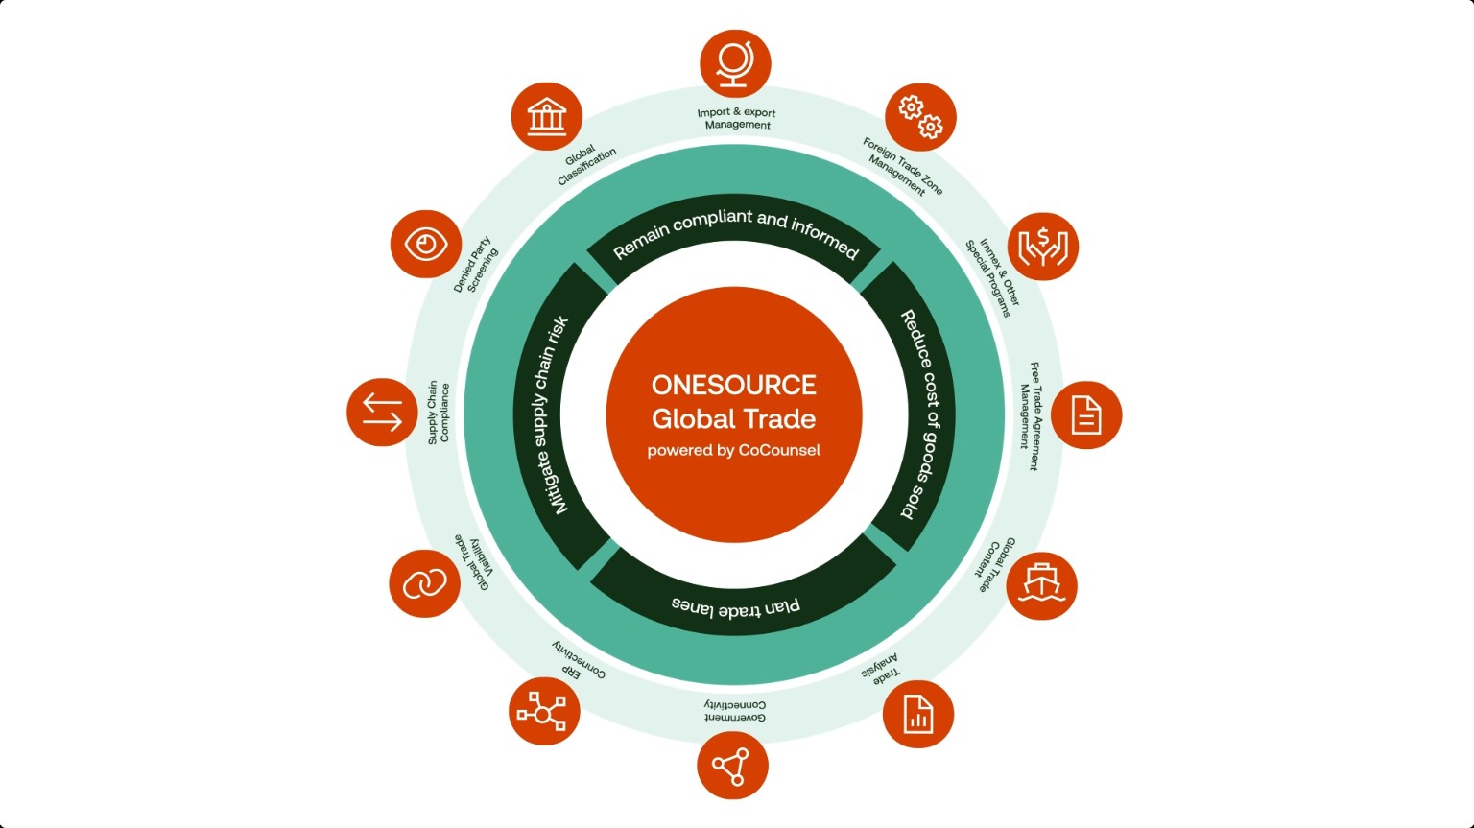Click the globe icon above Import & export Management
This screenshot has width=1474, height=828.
click(x=735, y=63)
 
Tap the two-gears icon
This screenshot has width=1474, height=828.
click(x=920, y=117)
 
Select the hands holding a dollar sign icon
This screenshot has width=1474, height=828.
click(x=1043, y=247)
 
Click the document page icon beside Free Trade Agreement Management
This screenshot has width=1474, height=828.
click(x=1086, y=415)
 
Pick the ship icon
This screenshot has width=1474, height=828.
click(x=1041, y=585)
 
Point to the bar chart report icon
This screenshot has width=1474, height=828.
click(x=918, y=714)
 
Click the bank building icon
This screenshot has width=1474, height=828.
click(x=547, y=116)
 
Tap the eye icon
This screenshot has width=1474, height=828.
click(x=426, y=244)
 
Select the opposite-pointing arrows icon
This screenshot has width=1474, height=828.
click(x=382, y=413)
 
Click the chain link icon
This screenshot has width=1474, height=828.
click(x=424, y=583)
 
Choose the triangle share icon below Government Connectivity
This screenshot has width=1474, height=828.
click(x=732, y=766)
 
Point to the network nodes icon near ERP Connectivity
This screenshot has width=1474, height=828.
click(x=544, y=712)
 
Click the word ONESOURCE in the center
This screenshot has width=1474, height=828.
click(x=734, y=385)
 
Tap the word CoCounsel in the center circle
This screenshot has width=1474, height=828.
click(x=779, y=451)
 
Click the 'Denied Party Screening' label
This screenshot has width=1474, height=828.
click(x=476, y=265)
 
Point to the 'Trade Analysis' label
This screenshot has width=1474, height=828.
click(x=880, y=670)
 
